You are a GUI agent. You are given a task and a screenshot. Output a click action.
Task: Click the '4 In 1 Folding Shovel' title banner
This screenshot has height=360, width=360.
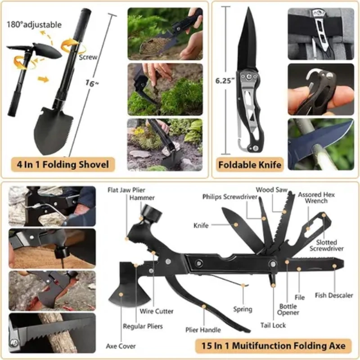[63, 164]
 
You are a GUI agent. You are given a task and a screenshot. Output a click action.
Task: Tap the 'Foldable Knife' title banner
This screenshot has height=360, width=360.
[250, 165]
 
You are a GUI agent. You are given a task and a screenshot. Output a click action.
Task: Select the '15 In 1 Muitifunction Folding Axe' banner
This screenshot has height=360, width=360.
[273, 346]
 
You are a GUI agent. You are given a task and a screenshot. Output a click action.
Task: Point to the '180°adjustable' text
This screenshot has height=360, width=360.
[34, 25]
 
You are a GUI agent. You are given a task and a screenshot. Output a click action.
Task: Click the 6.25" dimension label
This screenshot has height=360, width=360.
[225, 81]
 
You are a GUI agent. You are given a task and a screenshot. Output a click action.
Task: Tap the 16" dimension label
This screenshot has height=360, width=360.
[92, 83]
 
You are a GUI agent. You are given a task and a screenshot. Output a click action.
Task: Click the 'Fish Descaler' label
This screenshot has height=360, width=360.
[334, 295]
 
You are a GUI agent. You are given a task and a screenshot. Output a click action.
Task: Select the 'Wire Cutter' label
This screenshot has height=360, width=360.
[156, 311]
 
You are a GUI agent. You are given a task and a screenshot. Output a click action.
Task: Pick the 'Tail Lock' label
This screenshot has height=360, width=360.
[273, 325]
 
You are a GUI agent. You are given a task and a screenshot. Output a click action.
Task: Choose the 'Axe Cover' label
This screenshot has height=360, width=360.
[121, 346]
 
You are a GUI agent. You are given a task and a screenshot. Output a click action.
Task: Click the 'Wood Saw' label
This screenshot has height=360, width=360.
[272, 189]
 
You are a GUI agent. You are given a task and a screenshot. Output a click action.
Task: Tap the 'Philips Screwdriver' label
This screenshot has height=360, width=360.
[230, 197]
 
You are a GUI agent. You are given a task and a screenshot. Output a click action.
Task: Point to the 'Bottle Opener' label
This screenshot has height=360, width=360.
[288, 309]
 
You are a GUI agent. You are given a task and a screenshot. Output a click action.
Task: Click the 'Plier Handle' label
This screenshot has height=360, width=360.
[203, 330]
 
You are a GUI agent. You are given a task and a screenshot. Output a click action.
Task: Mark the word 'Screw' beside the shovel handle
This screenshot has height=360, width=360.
[88, 57]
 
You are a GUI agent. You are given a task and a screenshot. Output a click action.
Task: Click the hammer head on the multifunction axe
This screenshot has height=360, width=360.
[151, 213]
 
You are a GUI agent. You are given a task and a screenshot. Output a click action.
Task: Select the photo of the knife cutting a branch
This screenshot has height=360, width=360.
[321, 144]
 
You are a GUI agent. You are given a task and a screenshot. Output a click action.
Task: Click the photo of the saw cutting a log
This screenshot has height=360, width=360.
[52, 333]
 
